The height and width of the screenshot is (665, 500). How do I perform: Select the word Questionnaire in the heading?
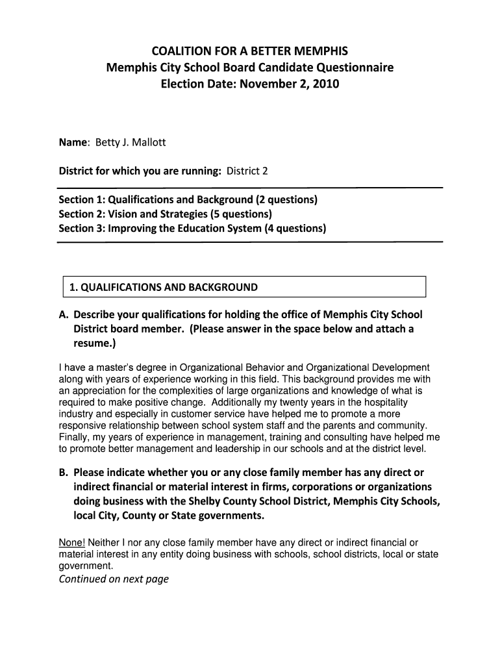[355, 68]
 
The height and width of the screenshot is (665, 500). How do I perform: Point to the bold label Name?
[74, 142]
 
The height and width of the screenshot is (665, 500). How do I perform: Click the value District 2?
[247, 171]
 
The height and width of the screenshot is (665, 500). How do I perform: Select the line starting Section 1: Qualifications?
[188, 199]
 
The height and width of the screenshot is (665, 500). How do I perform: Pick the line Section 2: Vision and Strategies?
[166, 214]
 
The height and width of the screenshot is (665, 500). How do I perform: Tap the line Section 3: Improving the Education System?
[193, 228]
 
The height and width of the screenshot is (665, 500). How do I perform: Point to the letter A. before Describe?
[64, 314]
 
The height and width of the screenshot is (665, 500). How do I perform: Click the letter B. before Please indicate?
[64, 473]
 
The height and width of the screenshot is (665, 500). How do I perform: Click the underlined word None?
[71, 543]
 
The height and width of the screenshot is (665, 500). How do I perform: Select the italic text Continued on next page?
[114, 579]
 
